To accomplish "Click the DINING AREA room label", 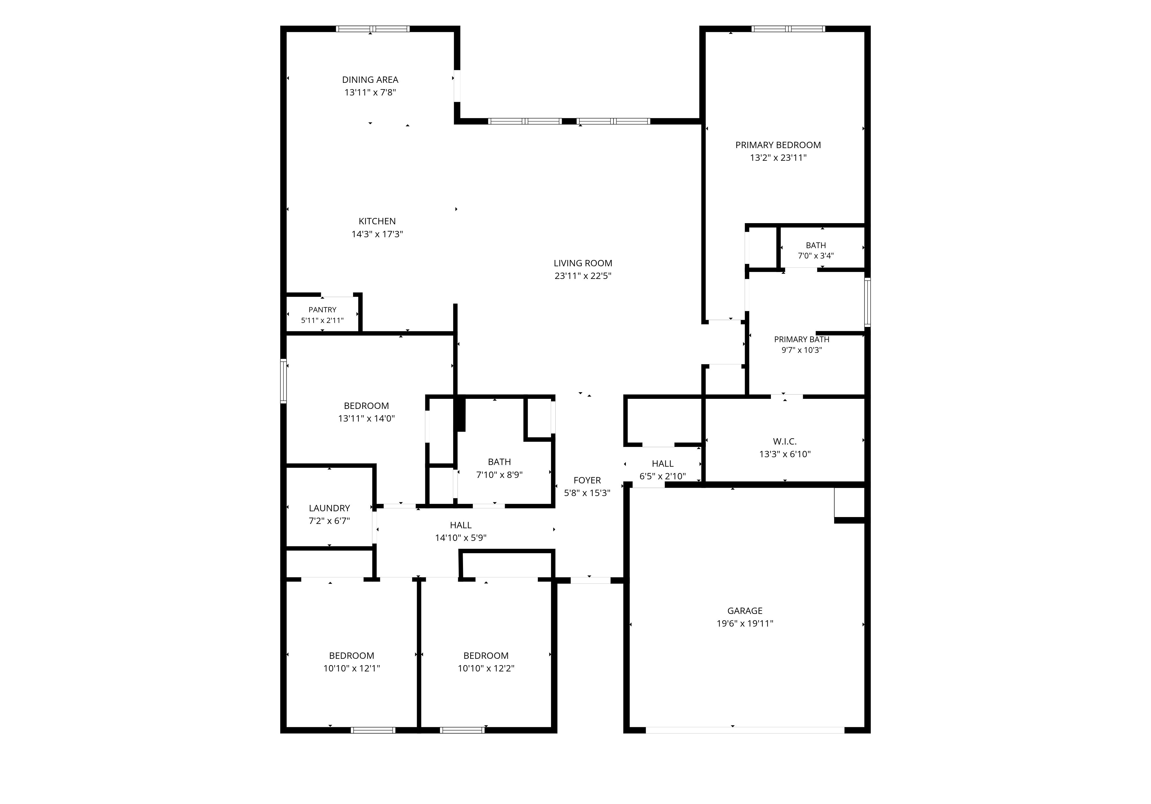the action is [x=370, y=80].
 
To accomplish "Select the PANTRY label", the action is [x=322, y=310].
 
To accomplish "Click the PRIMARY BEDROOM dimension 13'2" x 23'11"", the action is [x=778, y=158].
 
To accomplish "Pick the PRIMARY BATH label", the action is [x=802, y=339].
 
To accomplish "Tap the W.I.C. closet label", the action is [x=784, y=441].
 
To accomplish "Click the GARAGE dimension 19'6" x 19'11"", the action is [x=745, y=624].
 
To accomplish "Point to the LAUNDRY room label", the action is [x=329, y=508].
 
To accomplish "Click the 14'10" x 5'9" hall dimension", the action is [x=461, y=538].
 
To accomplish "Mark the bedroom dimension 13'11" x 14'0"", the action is [x=367, y=418].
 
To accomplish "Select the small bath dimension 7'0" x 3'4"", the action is [x=815, y=255].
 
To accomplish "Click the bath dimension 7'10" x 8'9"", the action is [x=499, y=474].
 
